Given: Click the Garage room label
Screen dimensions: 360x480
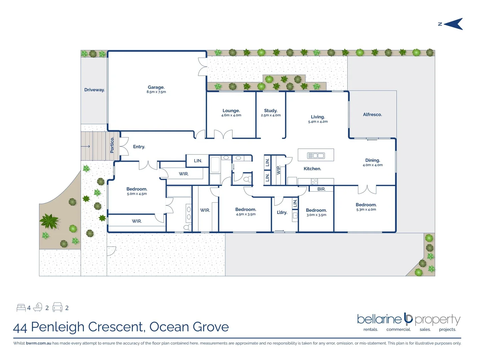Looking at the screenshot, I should click(156, 87).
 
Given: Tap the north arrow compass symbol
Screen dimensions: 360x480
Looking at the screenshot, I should click(453, 24).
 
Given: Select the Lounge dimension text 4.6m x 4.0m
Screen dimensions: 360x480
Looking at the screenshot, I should click(231, 115).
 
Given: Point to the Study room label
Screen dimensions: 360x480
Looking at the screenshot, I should click(271, 111).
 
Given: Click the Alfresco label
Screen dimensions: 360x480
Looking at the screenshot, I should click(372, 114).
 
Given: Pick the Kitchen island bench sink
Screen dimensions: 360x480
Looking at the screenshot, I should click(316, 155).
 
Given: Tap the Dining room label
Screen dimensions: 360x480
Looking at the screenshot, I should click(373, 160).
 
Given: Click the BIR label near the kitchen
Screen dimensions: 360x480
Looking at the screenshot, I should click(321, 189).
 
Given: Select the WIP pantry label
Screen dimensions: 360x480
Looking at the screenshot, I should click(279, 170).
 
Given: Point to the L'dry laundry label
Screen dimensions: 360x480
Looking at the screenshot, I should click(282, 212).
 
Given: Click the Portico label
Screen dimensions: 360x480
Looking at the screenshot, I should click(112, 145).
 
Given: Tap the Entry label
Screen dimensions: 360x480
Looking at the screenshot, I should click(139, 147).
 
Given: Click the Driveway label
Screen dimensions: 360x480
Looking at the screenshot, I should click(94, 90).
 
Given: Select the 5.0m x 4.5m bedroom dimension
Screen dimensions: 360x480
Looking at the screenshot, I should click(137, 194).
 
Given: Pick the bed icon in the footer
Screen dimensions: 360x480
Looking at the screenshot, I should click(21, 308).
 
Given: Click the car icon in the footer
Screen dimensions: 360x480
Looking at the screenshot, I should click(57, 307).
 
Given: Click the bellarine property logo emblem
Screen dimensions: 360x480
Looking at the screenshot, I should click(408, 319).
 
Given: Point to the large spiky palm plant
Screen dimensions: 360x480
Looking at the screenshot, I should click(49, 221).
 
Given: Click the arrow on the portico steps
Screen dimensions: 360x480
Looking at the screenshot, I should click(86, 146).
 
